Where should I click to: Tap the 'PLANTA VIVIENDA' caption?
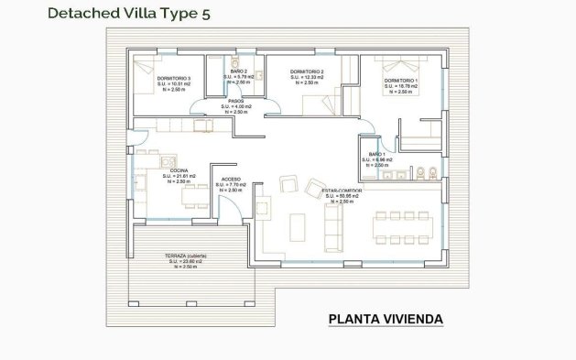[386, 319]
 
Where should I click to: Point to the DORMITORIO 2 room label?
[308, 72]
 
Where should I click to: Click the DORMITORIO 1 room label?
[400, 82]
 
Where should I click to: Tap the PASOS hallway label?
[234, 102]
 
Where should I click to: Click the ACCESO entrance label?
[228, 180]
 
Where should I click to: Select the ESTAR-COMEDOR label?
[342, 191]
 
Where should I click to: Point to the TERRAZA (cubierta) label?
[185, 256]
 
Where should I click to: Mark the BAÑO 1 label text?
[376, 155]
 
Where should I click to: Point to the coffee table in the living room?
[299, 224]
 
